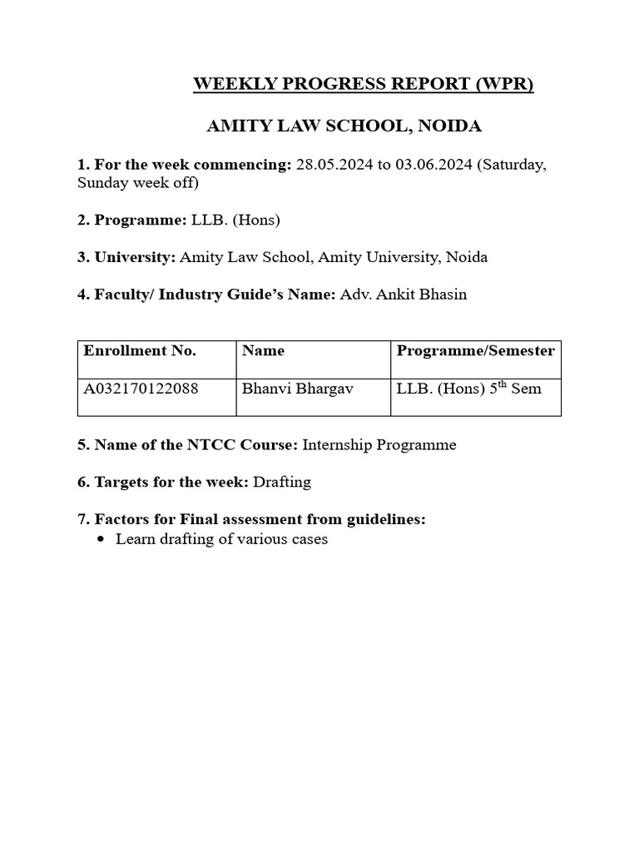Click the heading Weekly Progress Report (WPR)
(x=364, y=85)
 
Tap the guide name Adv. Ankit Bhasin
(x=404, y=295)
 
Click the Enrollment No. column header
(x=140, y=351)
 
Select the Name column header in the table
(x=263, y=351)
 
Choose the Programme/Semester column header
(x=475, y=351)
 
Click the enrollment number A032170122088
(x=141, y=389)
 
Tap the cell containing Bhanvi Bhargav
(x=285, y=389)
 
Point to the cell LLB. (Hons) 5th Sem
(x=468, y=388)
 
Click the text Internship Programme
(x=379, y=445)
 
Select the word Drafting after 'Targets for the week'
(x=283, y=483)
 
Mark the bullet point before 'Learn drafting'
(x=102, y=540)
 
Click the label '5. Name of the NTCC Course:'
(x=187, y=445)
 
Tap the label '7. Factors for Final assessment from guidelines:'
(x=251, y=519)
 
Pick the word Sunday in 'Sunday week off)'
(x=102, y=183)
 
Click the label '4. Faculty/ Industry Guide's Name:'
(x=206, y=295)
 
